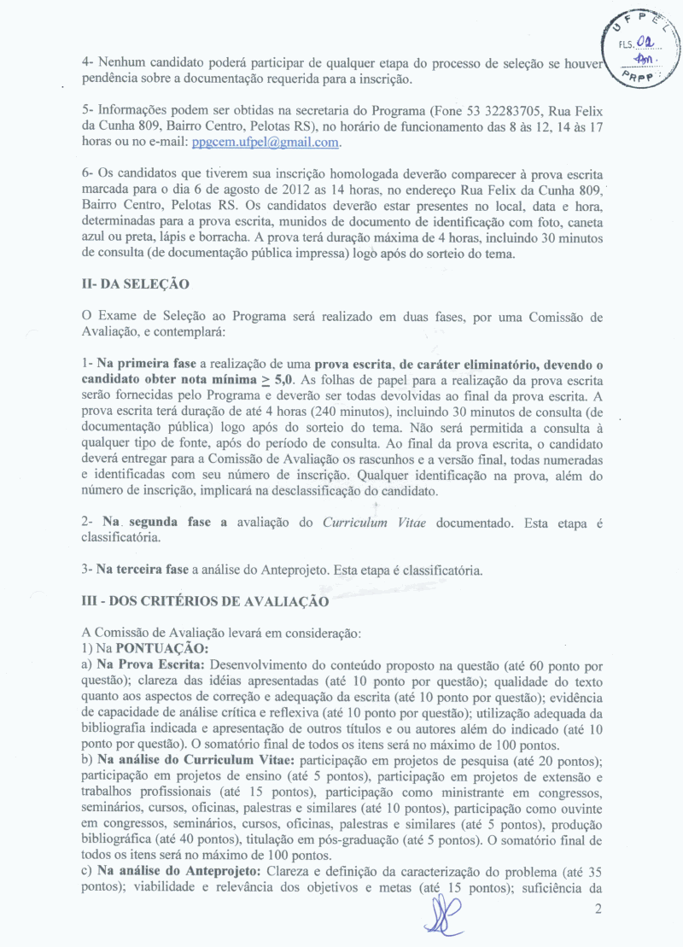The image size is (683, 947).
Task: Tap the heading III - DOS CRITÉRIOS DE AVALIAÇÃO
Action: click(205, 600)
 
